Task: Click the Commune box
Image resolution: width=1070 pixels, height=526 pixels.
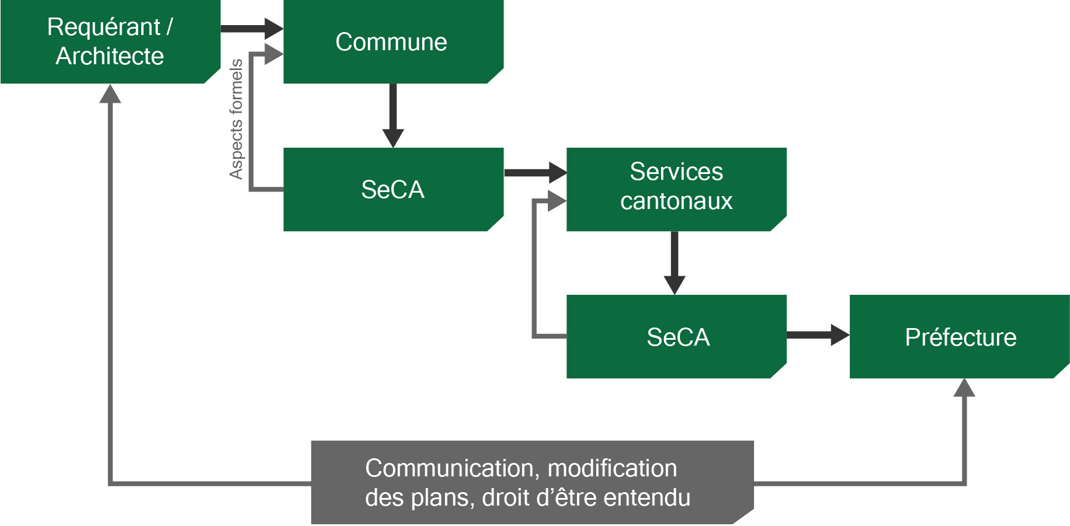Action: pyautogui.click(x=393, y=42)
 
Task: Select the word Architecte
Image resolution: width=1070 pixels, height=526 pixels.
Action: pyautogui.click(x=110, y=57)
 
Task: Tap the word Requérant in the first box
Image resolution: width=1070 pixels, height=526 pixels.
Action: pyautogui.click(x=103, y=27)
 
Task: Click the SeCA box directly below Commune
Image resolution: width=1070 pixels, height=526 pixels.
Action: pyautogui.click(x=393, y=189)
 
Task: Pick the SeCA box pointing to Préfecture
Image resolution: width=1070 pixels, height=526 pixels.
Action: pyautogui.click(x=676, y=337)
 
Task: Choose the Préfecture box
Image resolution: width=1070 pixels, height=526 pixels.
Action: pyautogui.click(x=960, y=337)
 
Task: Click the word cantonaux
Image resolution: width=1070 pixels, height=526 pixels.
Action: pyautogui.click(x=676, y=201)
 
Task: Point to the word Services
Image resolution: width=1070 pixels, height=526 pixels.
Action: pyautogui.click(x=676, y=172)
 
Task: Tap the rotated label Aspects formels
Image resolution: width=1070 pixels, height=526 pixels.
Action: pyautogui.click(x=236, y=119)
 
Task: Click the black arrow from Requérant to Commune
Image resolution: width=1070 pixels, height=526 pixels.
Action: pyautogui.click(x=251, y=28)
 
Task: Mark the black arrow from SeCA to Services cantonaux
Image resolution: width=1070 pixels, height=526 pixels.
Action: pyautogui.click(x=535, y=172)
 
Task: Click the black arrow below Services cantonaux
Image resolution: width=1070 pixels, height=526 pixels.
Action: pyautogui.click(x=675, y=263)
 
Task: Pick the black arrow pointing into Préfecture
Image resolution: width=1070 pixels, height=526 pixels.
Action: pyautogui.click(x=818, y=335)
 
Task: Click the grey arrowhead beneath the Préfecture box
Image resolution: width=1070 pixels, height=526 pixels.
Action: pyautogui.click(x=964, y=388)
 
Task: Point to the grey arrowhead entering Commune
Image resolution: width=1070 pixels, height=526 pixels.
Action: pyautogui.click(x=273, y=54)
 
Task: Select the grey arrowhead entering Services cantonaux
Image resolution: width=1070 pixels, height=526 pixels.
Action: pyautogui.click(x=557, y=201)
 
